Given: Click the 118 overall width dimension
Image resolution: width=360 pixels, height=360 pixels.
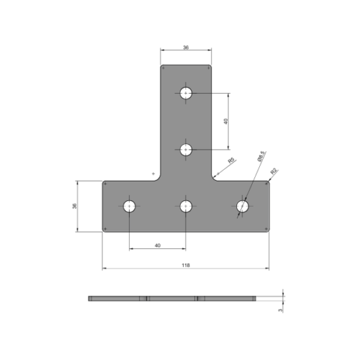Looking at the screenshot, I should click(x=186, y=265).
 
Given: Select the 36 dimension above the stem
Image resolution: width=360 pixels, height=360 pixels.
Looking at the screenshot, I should click(x=186, y=48).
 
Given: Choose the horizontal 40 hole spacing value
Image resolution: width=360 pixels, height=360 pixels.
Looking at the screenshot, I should click(x=158, y=246).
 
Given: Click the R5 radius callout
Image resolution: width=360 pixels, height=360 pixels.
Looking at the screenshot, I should click(x=230, y=161).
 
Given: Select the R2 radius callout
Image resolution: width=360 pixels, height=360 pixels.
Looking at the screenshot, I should click(x=274, y=171).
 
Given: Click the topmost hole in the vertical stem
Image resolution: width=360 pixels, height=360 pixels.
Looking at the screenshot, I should click(x=186, y=93).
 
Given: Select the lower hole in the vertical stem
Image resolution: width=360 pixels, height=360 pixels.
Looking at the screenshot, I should click(x=186, y=150).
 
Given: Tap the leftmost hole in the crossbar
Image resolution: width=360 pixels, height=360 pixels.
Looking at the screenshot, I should click(x=130, y=207).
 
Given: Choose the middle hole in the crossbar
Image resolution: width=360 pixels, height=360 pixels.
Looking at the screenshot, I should click(x=186, y=207).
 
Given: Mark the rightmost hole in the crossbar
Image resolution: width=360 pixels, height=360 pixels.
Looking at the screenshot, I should click(x=243, y=207).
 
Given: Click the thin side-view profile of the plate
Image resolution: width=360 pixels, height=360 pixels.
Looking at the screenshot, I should click(x=180, y=298).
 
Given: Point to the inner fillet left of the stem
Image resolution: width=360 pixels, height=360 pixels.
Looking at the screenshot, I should click(x=156, y=177).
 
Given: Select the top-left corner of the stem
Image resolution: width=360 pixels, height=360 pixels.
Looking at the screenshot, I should click(x=161, y=67).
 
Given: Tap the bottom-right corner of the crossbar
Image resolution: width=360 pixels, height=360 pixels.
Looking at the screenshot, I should click(x=269, y=230).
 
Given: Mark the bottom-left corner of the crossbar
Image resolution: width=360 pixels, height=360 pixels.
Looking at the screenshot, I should click(x=104, y=230).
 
